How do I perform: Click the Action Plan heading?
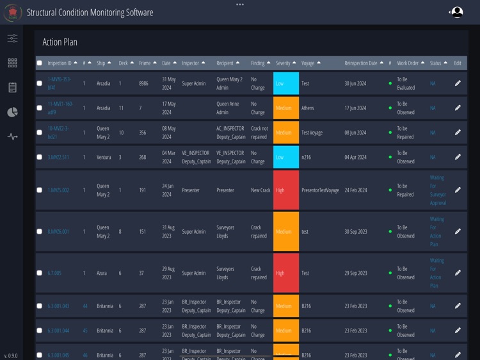coord(60,42)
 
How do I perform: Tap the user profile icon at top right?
coord(457,12)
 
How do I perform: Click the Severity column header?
coord(283,63)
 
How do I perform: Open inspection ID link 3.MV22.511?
coord(58,157)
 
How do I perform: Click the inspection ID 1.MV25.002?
coord(58,190)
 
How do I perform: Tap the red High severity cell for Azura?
coord(285,273)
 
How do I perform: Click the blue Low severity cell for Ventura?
coord(285,157)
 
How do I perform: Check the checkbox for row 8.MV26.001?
coord(40,231)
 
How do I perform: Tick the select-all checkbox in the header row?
coord(40,63)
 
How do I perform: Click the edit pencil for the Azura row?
coord(458,273)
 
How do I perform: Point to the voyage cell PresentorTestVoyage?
coord(320,190)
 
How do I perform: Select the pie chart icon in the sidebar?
coord(12,112)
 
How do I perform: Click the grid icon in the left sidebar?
coord(12,63)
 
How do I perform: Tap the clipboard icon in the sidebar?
coord(12,87)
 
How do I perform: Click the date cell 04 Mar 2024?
coord(168,157)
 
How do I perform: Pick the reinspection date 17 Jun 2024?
coord(355,108)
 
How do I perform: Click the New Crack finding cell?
coord(260,190)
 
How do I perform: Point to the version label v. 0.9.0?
coord(11,355)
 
